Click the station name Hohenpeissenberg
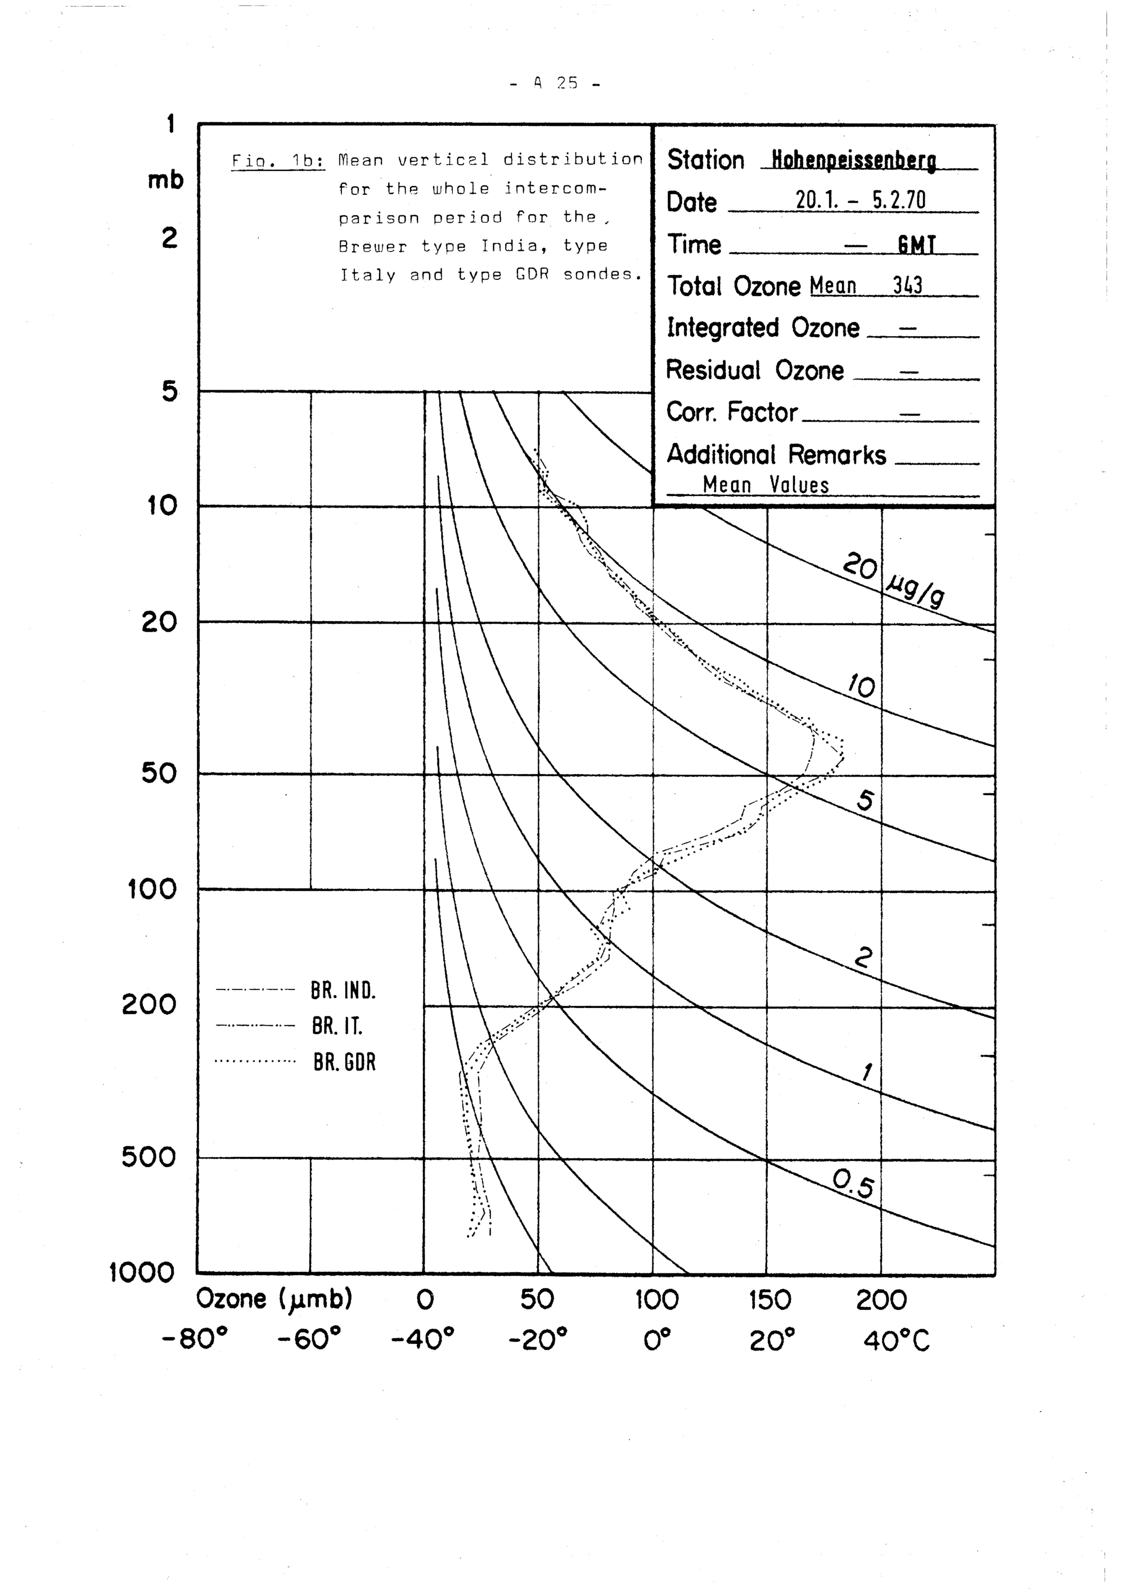click(x=853, y=161)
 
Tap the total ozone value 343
click(x=907, y=285)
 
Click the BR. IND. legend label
click(x=343, y=991)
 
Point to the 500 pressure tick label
click(x=149, y=1157)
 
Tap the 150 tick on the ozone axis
click(x=769, y=1300)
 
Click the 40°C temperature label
click(x=897, y=1342)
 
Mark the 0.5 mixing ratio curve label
click(x=853, y=1184)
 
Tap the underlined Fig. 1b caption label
click(x=277, y=161)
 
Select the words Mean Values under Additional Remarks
click(x=766, y=485)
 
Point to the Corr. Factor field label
click(x=731, y=412)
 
